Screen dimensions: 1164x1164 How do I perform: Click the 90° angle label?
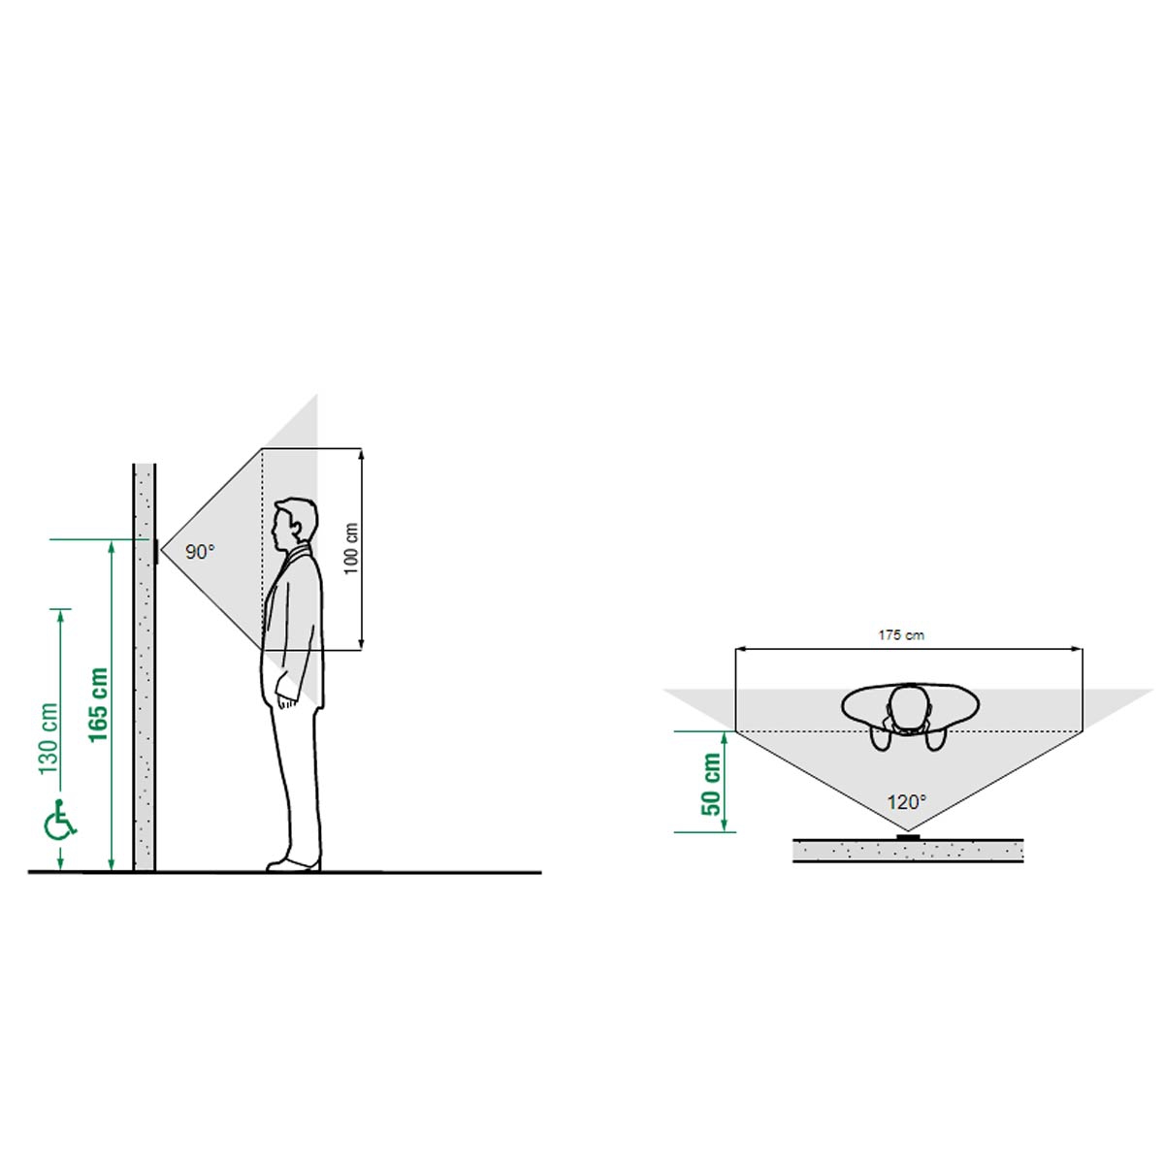[200, 552]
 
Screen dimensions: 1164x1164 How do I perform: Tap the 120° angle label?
[906, 802]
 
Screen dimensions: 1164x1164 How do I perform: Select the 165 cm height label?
[98, 704]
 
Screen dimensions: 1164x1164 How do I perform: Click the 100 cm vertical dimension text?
[351, 549]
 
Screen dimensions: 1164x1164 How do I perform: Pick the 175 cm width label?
[900, 634]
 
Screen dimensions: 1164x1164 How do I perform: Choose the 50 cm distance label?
[711, 784]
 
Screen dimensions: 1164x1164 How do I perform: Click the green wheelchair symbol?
[61, 820]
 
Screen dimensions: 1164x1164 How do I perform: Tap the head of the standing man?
[294, 525]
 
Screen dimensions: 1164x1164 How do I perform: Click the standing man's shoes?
[294, 864]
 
